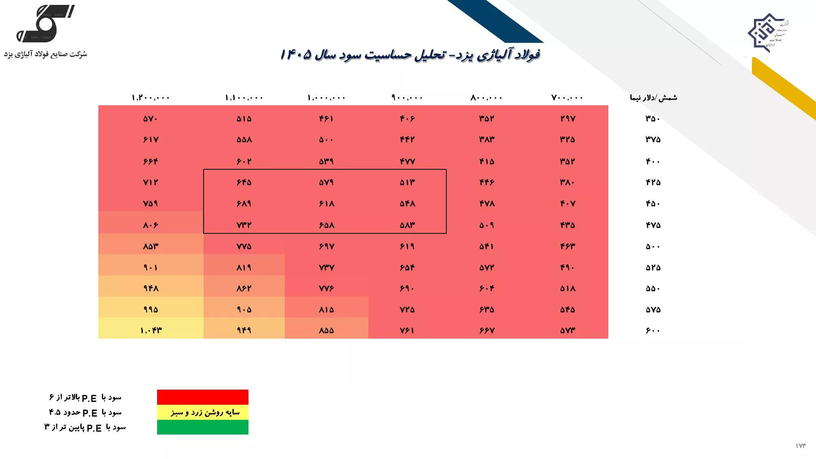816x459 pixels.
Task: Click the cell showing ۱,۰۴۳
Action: click(151, 330)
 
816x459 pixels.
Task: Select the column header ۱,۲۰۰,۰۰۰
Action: click(151, 98)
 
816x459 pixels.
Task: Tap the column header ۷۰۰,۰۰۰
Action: click(567, 98)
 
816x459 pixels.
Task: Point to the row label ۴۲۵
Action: click(653, 182)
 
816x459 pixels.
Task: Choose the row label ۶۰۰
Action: click(653, 330)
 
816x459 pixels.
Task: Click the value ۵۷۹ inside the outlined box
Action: click(326, 182)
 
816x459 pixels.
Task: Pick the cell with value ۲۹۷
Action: click(568, 119)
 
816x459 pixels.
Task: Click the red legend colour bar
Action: click(203, 397)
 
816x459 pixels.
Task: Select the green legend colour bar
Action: click(203, 427)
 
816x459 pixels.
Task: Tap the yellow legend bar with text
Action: click(203, 412)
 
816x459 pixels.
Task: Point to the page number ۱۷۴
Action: click(800, 446)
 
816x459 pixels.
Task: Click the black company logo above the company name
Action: click(45, 23)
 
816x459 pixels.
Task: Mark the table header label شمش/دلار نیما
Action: click(653, 98)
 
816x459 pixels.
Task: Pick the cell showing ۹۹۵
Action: click(151, 310)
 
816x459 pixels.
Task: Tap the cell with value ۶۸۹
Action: click(244, 204)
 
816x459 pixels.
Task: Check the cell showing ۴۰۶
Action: click(407, 119)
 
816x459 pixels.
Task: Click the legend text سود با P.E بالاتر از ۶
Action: click(85, 397)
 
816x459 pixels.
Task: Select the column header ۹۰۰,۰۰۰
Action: click(407, 98)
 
